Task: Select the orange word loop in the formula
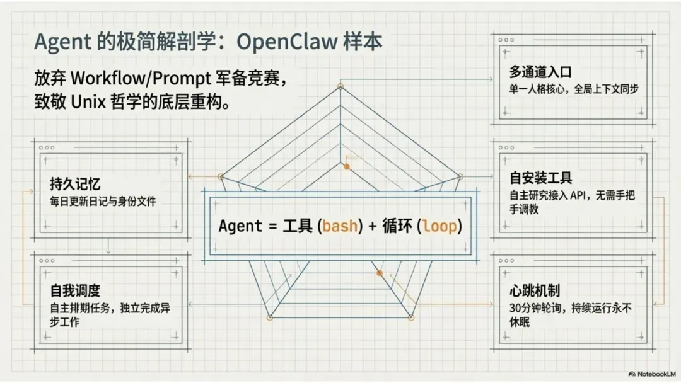click(x=439, y=226)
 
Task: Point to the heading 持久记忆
click(x=76, y=185)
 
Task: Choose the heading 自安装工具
click(x=540, y=178)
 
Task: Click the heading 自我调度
click(x=76, y=291)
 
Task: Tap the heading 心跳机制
click(x=535, y=291)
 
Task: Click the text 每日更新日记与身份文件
click(x=103, y=202)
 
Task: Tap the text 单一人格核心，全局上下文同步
click(x=574, y=89)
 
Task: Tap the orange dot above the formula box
click(x=346, y=167)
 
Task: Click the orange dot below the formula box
click(x=380, y=273)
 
